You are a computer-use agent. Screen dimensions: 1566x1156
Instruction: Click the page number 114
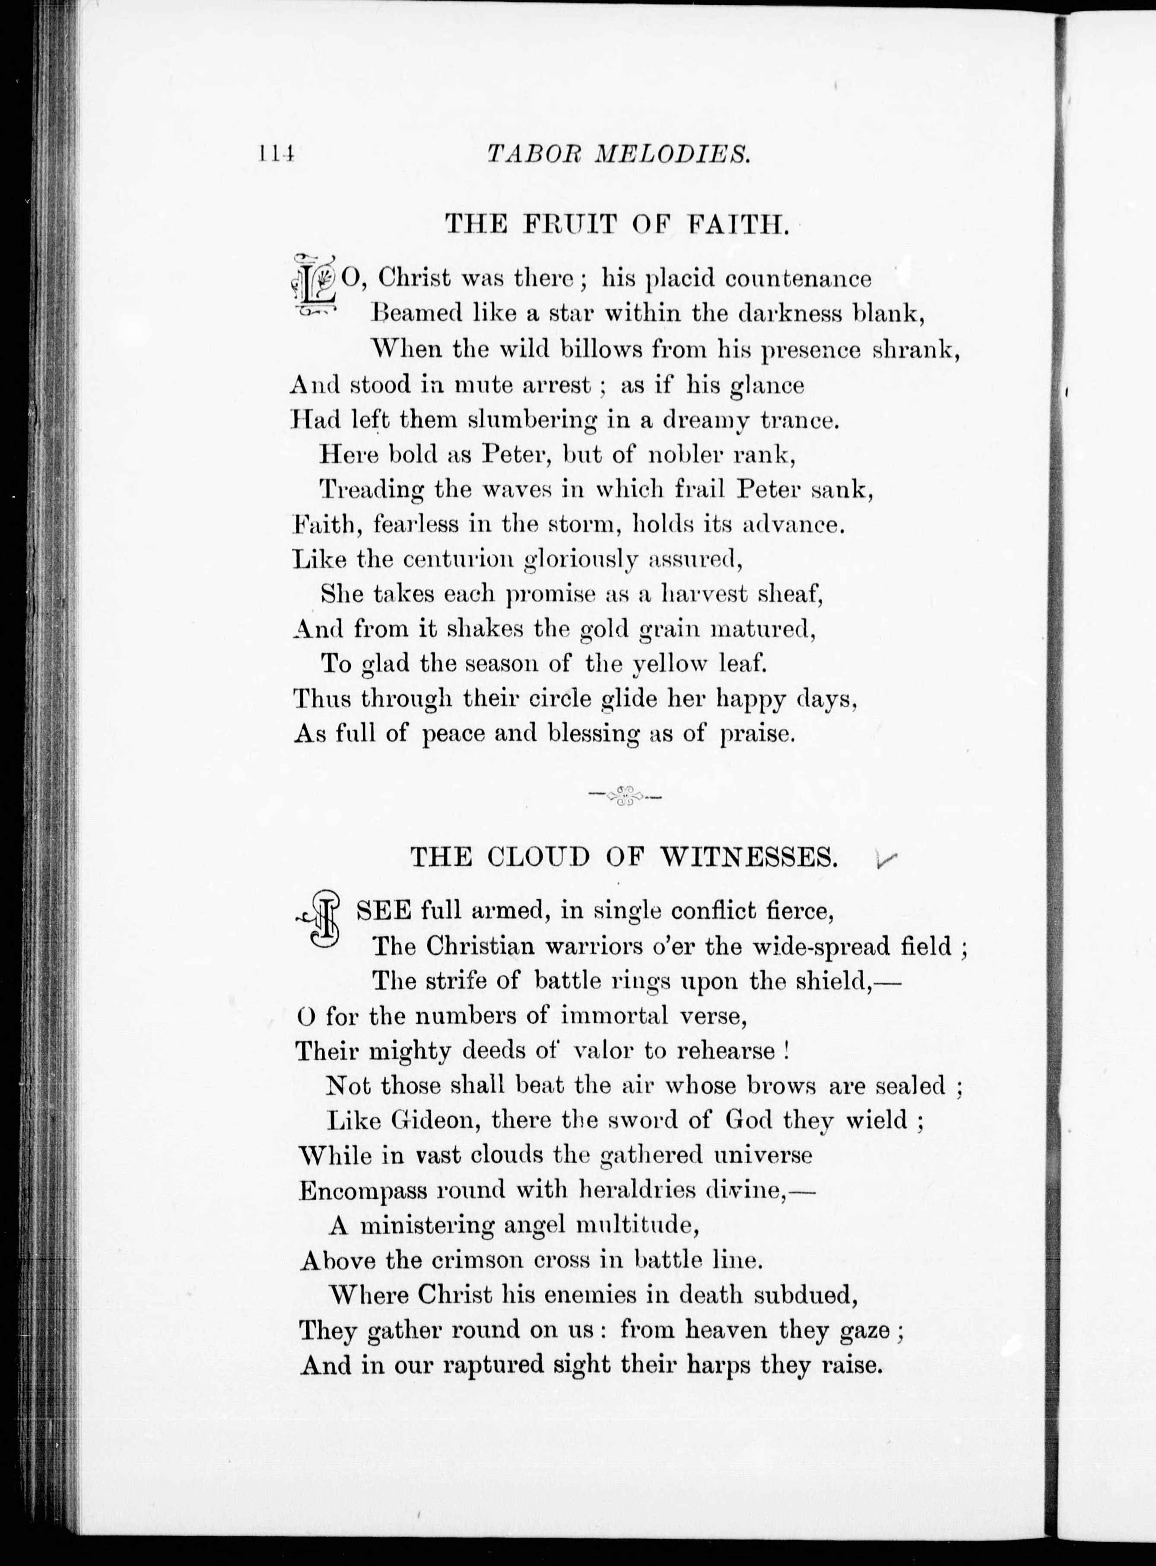coord(277,154)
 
